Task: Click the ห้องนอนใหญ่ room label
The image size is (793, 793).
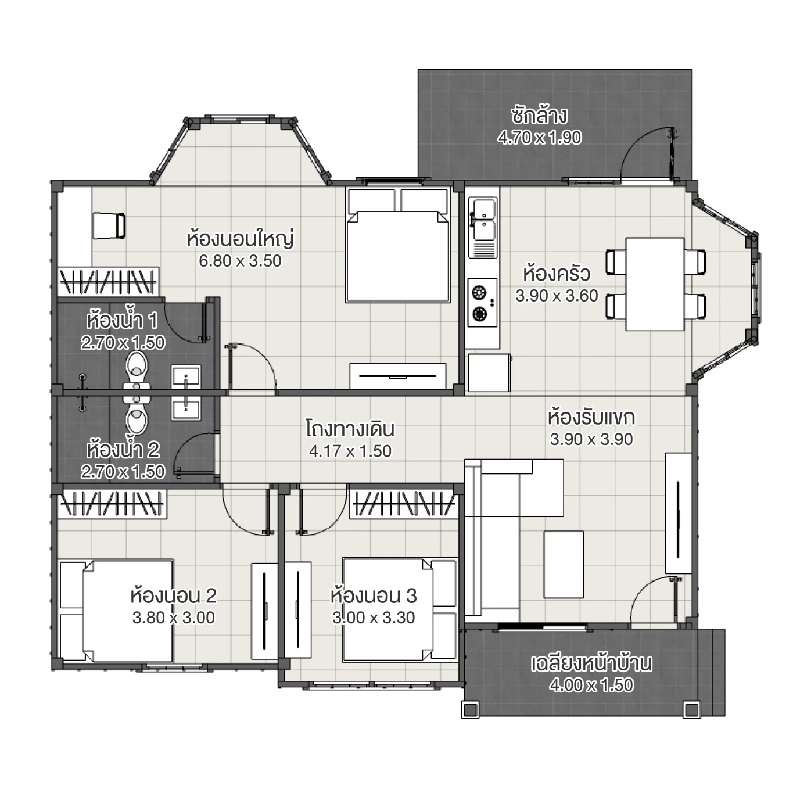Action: point(240,239)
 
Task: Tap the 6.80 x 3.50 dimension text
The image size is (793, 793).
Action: point(240,261)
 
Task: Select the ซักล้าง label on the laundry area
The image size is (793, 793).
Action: point(539,116)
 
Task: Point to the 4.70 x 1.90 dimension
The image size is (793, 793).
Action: point(539,137)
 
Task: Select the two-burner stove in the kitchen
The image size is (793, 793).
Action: point(483,302)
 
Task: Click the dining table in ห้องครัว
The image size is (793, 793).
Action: point(655,284)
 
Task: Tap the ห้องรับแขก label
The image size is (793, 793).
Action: point(591,417)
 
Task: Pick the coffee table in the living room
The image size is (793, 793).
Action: point(564,564)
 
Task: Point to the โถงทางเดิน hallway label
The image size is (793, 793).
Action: point(350,429)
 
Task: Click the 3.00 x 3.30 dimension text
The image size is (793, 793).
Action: point(374,618)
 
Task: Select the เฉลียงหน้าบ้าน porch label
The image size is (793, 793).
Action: point(591,663)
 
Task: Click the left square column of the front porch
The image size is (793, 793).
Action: point(470,709)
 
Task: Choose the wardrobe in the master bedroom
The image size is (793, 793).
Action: point(108,281)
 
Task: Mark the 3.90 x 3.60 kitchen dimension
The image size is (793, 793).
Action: point(557,296)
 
